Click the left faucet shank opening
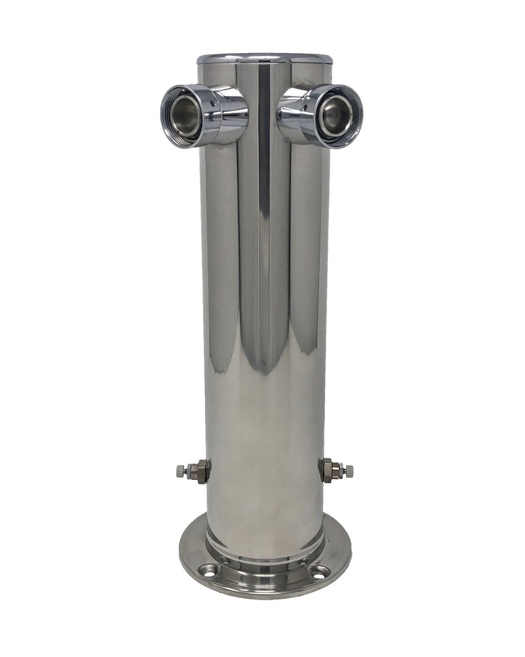(x=185, y=116)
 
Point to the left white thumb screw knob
(x=180, y=472)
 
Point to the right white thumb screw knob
(x=349, y=472)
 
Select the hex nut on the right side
(x=330, y=471)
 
